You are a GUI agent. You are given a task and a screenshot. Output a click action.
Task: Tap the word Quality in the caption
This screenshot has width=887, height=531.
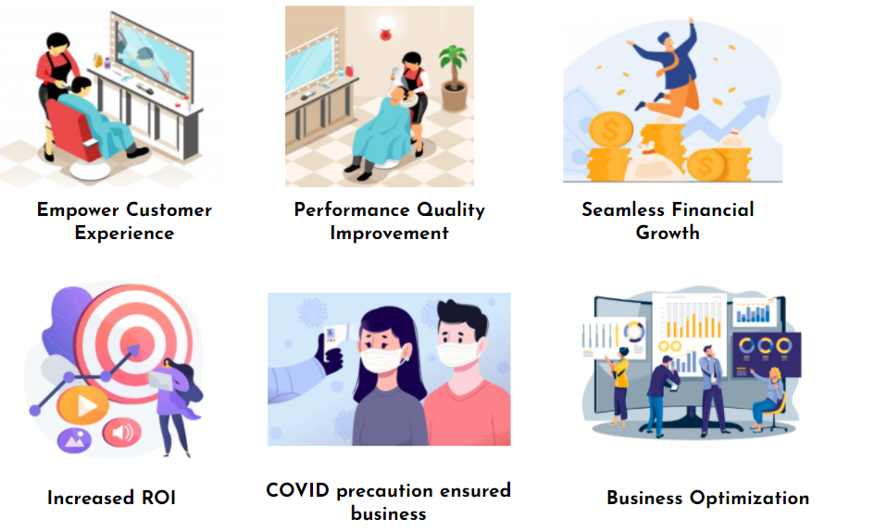click(451, 210)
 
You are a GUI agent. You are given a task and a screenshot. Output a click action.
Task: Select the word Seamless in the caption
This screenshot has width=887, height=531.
click(623, 209)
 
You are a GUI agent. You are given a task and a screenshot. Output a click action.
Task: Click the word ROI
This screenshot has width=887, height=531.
click(158, 498)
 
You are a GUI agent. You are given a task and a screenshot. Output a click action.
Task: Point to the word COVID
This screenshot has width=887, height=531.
click(297, 490)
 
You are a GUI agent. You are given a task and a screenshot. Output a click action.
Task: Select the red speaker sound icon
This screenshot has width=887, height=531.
click(121, 433)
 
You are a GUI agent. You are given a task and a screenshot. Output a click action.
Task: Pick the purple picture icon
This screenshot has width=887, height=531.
click(74, 440)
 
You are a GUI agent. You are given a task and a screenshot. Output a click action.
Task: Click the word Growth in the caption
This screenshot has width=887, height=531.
click(668, 233)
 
